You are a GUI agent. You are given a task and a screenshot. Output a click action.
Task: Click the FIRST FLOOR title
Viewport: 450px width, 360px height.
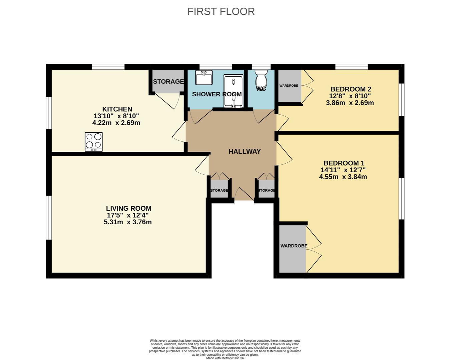[221, 11]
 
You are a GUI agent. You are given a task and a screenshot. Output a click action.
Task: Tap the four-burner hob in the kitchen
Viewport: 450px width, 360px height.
[94, 141]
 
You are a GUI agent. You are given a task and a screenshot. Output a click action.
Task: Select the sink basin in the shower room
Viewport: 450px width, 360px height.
[204, 78]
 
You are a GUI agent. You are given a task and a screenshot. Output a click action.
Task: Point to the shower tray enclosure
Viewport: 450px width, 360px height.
[233, 91]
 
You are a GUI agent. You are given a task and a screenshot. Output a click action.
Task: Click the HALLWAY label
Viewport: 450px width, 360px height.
[245, 151]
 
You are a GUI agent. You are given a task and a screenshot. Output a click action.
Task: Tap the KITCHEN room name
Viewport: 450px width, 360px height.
[117, 109]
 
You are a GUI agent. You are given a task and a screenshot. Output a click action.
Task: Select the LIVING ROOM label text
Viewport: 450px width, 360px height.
[128, 208]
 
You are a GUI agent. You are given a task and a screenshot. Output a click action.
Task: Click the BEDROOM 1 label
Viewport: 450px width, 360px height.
[344, 163]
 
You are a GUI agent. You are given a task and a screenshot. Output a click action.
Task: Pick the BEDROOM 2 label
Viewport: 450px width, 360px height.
[351, 89]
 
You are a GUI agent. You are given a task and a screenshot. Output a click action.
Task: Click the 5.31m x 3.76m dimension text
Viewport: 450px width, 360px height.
[128, 222]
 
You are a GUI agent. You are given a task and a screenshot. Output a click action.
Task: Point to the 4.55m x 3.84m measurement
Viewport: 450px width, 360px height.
[343, 177]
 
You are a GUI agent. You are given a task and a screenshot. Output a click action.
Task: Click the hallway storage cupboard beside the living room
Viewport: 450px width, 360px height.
[219, 189]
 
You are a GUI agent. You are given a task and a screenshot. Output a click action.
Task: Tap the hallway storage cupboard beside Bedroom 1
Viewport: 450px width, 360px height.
[266, 189]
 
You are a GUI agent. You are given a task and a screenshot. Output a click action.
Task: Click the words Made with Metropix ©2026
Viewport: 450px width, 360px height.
[225, 358]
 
